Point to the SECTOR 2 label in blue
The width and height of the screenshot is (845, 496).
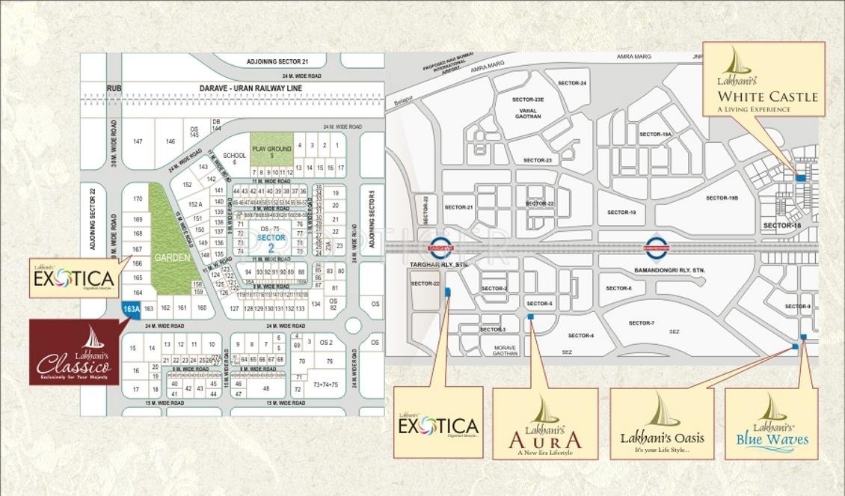tap(267, 242)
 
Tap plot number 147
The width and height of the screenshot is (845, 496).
tap(138, 141)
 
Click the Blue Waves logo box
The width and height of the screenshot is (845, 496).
tap(772, 424)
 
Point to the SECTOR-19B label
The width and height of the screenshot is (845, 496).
tap(722, 198)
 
